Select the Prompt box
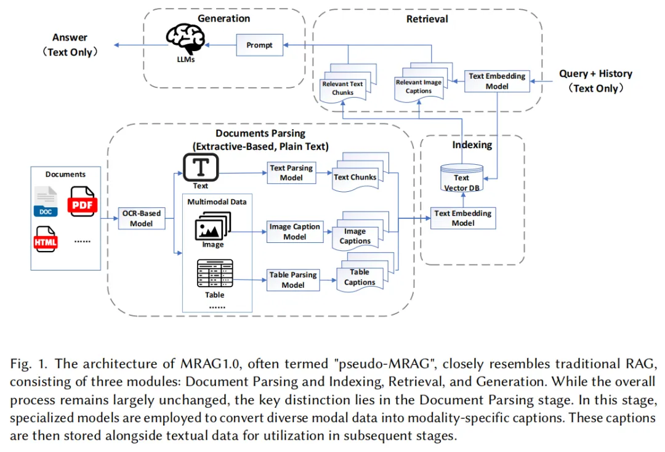point(259,45)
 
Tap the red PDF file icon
point(83,202)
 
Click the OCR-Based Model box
point(141,218)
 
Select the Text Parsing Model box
point(291,173)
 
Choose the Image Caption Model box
point(295,232)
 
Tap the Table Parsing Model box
point(293,280)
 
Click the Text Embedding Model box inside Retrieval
point(497,81)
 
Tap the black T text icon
point(201,167)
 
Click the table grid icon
point(215,273)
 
